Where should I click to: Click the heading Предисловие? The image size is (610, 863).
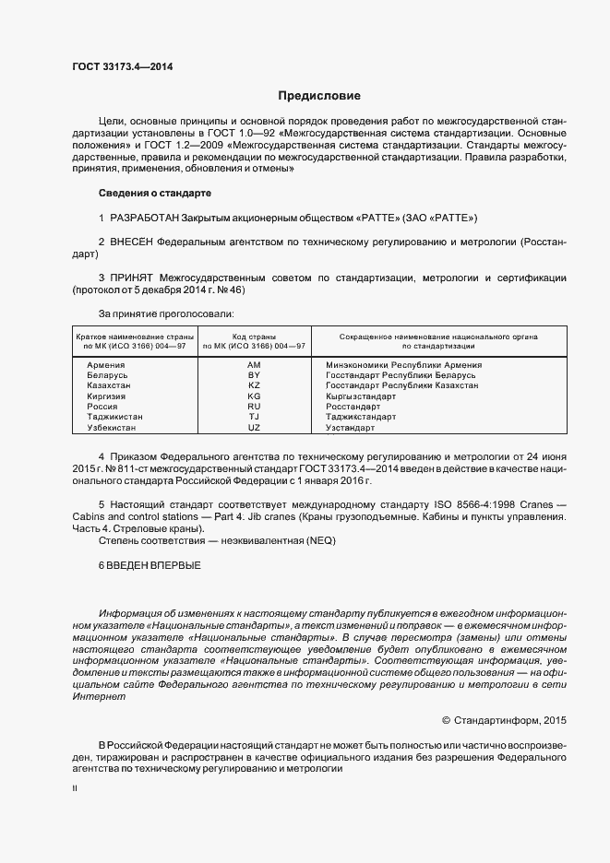319,96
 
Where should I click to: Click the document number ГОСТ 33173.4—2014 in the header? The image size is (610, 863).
122,66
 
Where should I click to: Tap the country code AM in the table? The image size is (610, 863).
255,365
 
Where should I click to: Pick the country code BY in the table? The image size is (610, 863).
255,375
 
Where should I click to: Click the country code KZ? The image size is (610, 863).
255,385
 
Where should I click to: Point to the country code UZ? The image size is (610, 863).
255,428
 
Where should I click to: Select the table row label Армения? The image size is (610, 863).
105,365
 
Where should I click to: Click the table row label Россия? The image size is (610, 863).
102,407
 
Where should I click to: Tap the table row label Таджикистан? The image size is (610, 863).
114,417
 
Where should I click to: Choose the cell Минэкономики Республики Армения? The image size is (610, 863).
403,365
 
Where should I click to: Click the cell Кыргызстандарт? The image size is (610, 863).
361,396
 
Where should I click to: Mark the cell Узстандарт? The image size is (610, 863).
350,428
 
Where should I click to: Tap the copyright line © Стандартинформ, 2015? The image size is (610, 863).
504,719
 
